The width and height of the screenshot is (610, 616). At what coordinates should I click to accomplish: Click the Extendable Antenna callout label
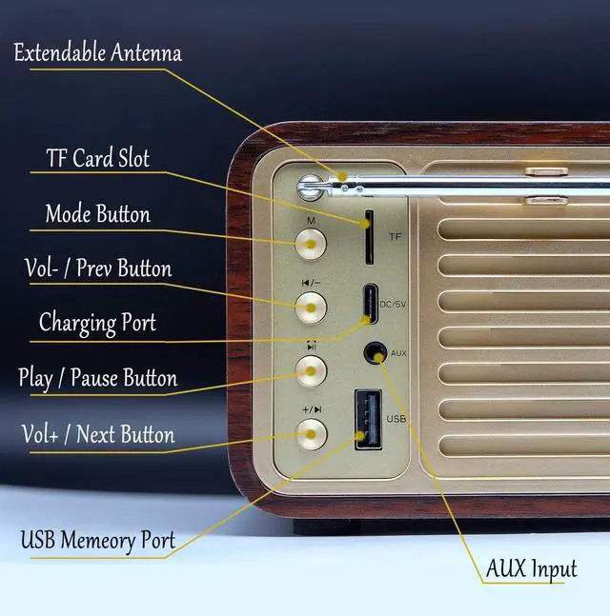click(97, 52)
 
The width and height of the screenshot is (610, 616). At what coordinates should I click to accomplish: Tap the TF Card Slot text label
click(97, 157)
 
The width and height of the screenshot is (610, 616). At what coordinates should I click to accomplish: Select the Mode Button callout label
click(97, 213)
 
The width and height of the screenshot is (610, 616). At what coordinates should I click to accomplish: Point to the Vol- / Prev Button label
click(97, 268)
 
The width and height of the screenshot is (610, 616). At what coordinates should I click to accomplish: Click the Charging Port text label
click(97, 323)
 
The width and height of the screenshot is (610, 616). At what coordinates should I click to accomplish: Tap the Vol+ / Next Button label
click(97, 435)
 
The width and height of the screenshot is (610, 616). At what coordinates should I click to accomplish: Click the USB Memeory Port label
click(97, 541)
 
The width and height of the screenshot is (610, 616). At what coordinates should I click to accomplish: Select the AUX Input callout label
click(531, 569)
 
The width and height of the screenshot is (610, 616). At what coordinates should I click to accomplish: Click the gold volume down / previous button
click(310, 307)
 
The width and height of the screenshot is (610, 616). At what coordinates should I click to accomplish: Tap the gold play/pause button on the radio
click(310, 370)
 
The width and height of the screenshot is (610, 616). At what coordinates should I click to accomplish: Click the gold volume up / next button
click(310, 434)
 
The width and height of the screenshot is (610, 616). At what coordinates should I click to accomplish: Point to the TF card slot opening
click(367, 237)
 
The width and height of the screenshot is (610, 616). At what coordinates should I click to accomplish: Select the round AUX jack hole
click(374, 354)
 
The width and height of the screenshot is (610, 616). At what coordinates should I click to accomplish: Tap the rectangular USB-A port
click(368, 418)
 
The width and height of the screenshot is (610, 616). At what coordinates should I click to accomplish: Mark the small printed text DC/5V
click(394, 305)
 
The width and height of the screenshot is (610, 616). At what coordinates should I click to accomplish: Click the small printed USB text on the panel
click(396, 418)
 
